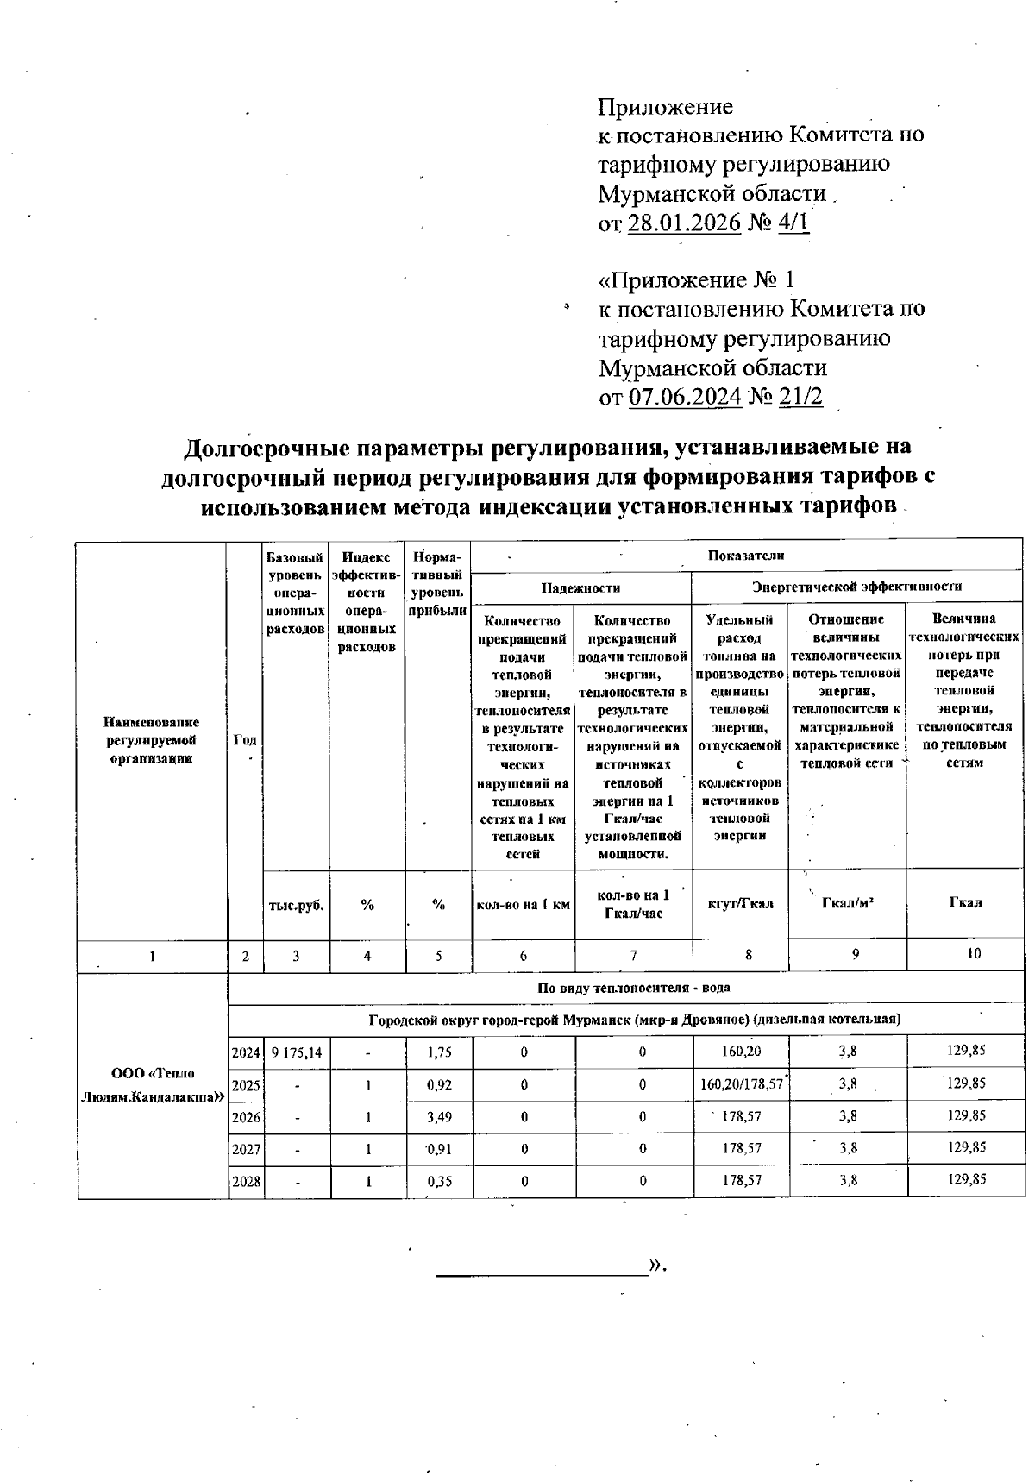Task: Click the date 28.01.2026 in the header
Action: (684, 223)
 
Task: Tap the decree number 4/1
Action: (793, 223)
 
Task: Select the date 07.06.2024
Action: (685, 397)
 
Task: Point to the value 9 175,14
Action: (295, 1052)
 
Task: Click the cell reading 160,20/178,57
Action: (741, 1083)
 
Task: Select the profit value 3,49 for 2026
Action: (439, 1116)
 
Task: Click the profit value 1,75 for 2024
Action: (439, 1052)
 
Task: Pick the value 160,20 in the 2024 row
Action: (741, 1051)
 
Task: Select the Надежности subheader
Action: (580, 587)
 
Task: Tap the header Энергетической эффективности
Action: (856, 587)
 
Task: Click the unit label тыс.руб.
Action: (296, 905)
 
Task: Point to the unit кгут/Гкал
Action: (740, 904)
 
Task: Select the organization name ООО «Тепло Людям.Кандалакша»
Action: (152, 1085)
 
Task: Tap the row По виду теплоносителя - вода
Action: (634, 989)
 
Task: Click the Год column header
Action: (246, 740)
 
